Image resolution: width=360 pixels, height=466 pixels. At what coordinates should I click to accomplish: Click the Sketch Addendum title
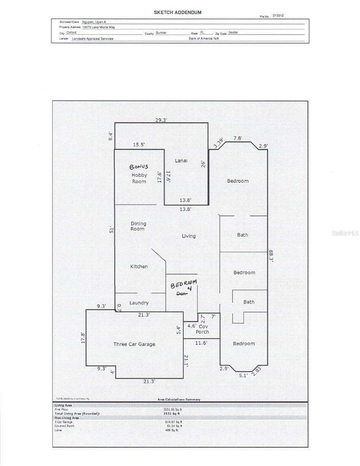coord(177,12)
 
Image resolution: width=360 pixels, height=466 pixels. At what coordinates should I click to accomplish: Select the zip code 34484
coord(233,33)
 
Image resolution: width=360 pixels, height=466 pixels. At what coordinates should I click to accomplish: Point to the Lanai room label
coord(181,160)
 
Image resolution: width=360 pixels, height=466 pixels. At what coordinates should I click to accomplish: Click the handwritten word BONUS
coord(139,167)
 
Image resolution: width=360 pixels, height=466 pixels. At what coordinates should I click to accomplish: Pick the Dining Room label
coord(138,226)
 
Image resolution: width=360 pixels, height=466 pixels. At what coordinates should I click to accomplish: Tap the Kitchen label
coord(139,266)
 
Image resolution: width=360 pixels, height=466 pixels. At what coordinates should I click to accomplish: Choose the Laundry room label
coord(139,303)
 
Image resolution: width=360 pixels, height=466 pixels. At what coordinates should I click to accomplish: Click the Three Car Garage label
coord(134,344)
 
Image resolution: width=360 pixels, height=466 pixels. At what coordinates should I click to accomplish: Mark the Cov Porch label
coord(202,329)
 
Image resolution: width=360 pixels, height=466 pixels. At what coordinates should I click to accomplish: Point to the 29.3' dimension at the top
coord(161,120)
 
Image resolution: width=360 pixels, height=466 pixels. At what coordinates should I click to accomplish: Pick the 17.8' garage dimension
coord(82,337)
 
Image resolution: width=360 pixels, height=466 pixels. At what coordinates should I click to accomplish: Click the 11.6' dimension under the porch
coord(201,343)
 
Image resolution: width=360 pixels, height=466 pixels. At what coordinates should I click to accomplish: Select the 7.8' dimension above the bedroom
coord(238,138)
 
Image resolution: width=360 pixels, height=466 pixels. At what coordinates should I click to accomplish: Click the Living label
coord(189,236)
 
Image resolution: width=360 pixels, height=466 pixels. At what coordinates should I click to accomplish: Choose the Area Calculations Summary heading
coord(179,400)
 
